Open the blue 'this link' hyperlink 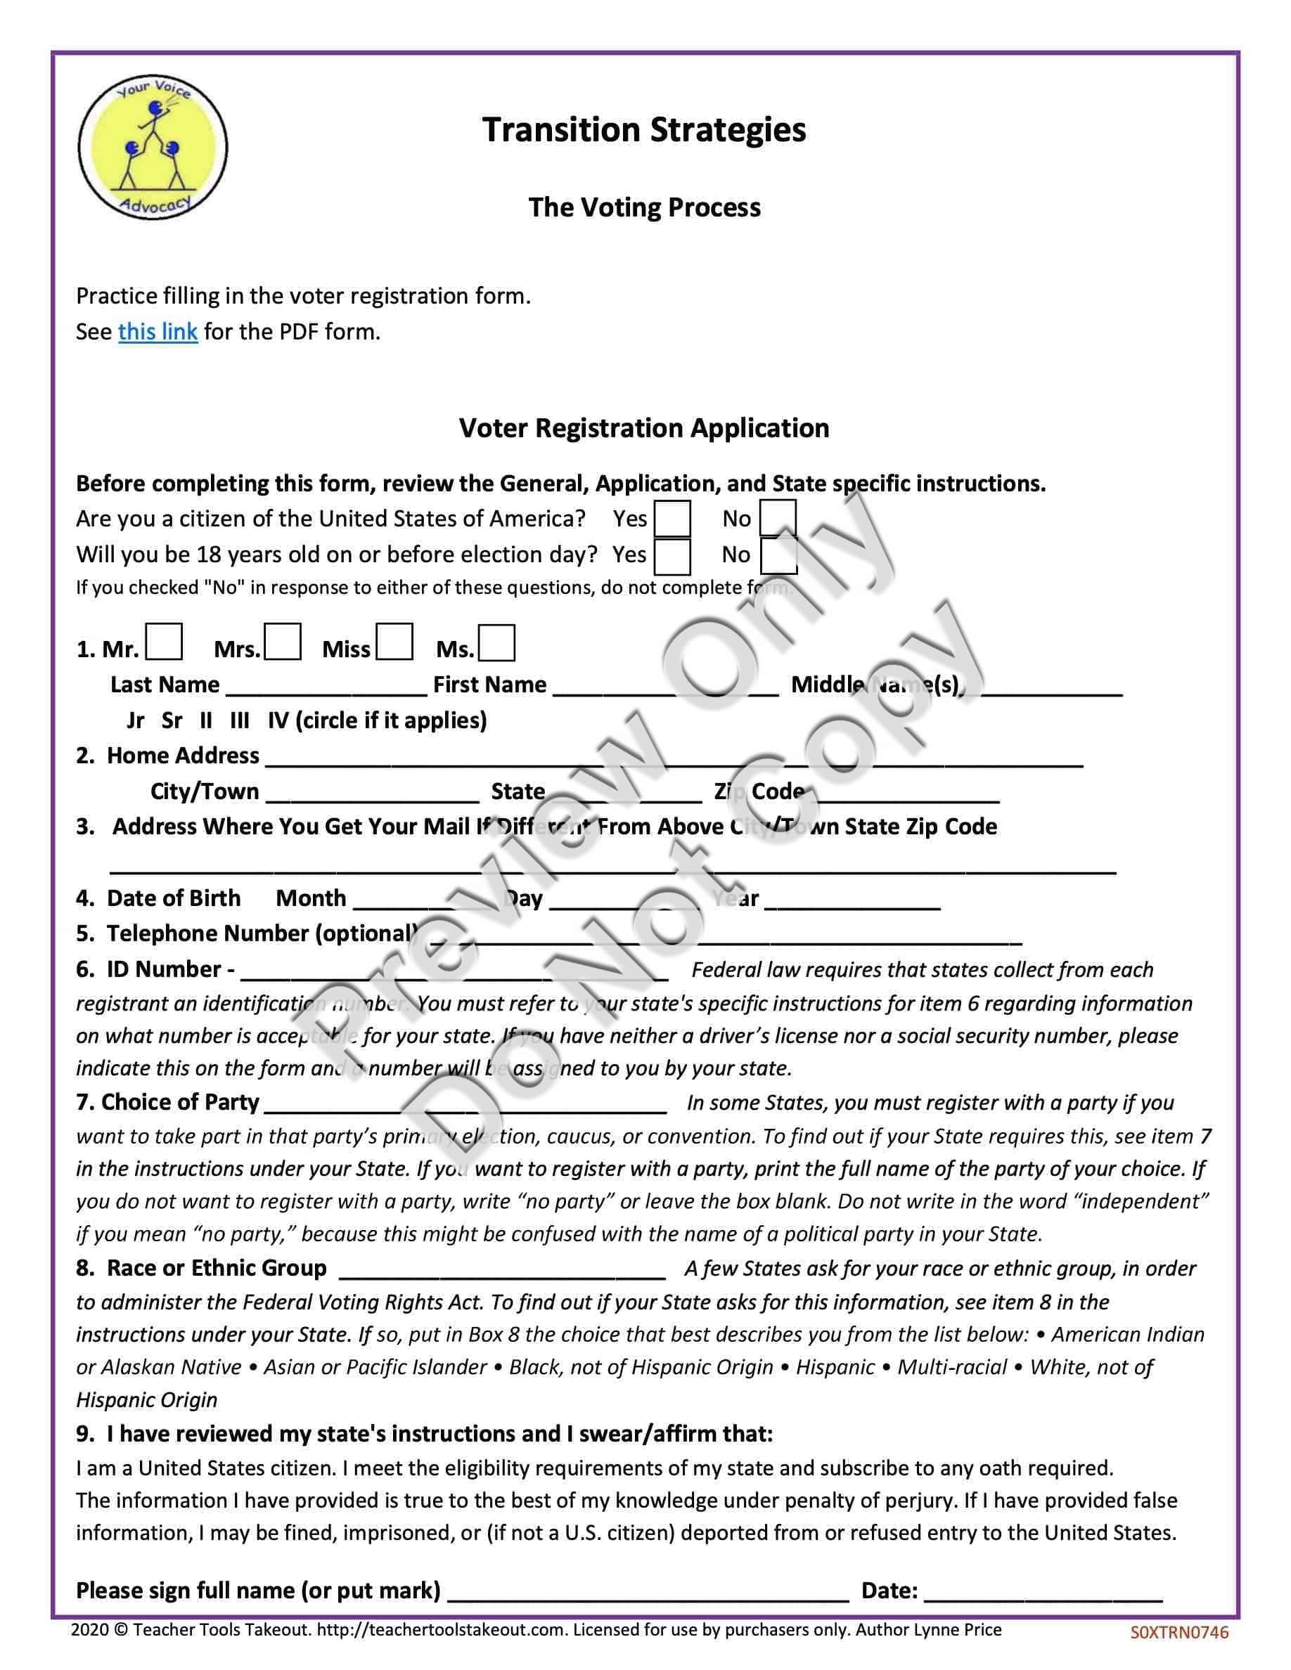158,332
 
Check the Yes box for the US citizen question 673,519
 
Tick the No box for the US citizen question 778,519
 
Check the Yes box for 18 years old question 673,555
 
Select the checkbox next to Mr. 164,642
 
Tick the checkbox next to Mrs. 282,642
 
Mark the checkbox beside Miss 394,642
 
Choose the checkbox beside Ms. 496,643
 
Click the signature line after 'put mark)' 648,1591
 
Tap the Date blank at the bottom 1043,1591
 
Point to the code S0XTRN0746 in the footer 1179,1632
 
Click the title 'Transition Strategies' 644,130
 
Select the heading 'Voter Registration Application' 644,428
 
